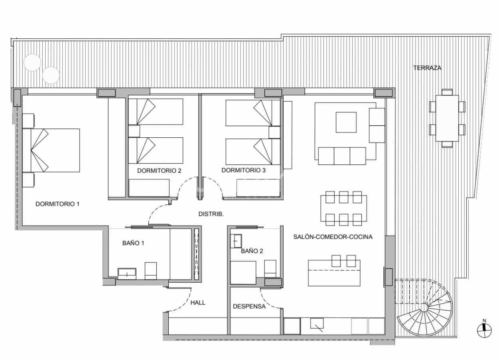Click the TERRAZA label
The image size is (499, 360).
(x=427, y=68)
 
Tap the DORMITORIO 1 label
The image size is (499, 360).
(x=57, y=204)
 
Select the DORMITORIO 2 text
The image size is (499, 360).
(x=159, y=170)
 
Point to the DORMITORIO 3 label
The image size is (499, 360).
(x=243, y=170)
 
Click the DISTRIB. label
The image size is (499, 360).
(x=211, y=214)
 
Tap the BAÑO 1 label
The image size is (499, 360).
(x=133, y=243)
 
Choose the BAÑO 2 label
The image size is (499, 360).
(x=252, y=251)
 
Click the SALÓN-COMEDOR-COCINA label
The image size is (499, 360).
(x=333, y=237)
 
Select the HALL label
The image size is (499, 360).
(x=198, y=303)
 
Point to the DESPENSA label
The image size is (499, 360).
(x=249, y=307)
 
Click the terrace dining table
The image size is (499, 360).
(x=447, y=118)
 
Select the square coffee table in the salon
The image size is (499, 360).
(x=346, y=122)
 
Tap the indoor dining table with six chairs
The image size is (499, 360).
(x=343, y=208)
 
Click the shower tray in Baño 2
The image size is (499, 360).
(x=243, y=273)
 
